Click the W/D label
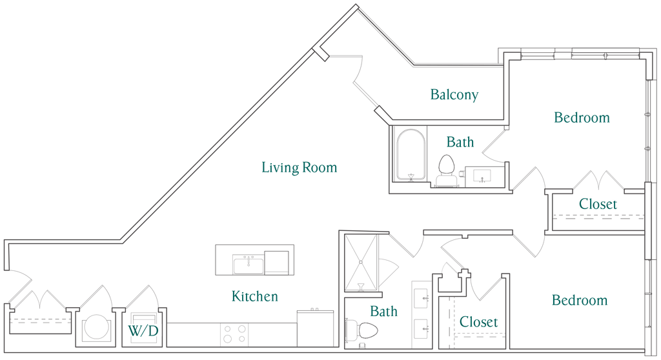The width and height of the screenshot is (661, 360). pyautogui.click(x=143, y=331)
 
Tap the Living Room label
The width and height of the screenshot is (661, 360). pyautogui.click(x=299, y=168)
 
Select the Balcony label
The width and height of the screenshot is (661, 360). pyautogui.click(x=454, y=95)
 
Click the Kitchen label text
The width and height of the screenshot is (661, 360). pyautogui.click(x=255, y=297)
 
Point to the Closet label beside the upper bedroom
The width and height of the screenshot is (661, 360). pyautogui.click(x=598, y=204)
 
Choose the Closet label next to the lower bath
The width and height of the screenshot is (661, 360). pyautogui.click(x=478, y=321)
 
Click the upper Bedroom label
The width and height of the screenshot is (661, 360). pyautogui.click(x=582, y=117)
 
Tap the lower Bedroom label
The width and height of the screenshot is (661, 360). pyautogui.click(x=580, y=301)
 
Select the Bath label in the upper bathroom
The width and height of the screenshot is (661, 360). pyautogui.click(x=460, y=142)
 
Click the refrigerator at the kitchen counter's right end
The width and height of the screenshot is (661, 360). pyautogui.click(x=314, y=328)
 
